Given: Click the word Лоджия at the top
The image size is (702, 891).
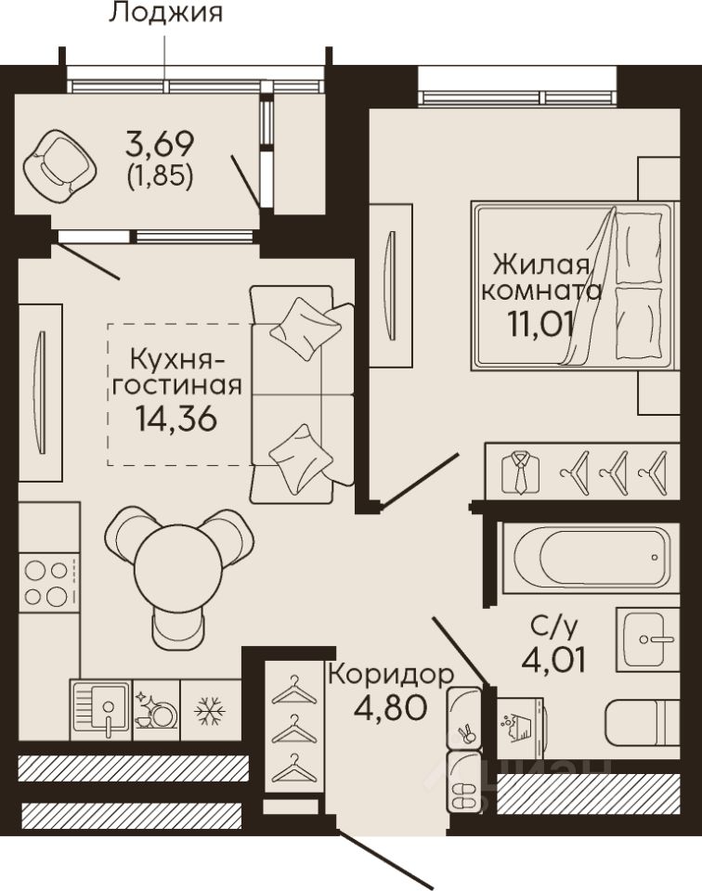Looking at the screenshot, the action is (165, 12).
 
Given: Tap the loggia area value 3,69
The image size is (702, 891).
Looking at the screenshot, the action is (160, 144).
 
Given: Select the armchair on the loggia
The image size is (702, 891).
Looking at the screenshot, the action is (59, 166).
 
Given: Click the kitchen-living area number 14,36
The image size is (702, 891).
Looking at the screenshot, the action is (176, 420).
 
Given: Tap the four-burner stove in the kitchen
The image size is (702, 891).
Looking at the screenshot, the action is (47, 582).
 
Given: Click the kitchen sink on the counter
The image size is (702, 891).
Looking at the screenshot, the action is (101, 710).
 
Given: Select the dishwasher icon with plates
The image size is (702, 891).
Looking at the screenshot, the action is (156, 710).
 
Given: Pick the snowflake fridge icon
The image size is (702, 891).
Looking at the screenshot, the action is (210, 710).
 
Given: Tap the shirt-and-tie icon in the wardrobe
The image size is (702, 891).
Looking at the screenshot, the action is (520, 472).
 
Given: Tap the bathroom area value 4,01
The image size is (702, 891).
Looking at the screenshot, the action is (553, 660).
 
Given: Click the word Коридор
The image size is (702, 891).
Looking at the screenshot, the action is (392, 675).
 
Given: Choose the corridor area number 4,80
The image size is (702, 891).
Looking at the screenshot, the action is (389, 706).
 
